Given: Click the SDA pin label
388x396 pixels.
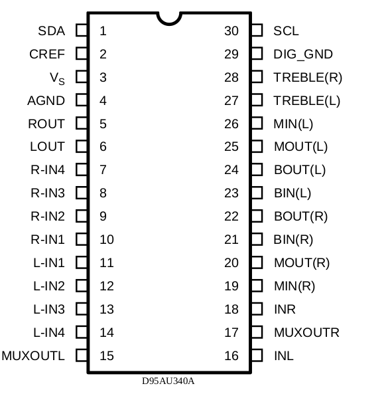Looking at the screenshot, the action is click(x=52, y=31).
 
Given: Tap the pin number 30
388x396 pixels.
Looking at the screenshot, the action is click(x=231, y=31).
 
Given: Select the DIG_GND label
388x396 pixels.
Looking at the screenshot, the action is click(x=303, y=54).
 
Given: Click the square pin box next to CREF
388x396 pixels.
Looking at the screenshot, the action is click(x=82, y=54).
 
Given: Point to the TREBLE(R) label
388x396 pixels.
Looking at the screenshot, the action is click(x=308, y=78).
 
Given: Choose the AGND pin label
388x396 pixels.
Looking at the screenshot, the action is click(x=46, y=100).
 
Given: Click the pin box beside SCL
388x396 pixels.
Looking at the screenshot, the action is click(x=257, y=31).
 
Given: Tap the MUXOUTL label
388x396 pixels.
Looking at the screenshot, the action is click(x=33, y=355).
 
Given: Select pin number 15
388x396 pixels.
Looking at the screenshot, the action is click(x=107, y=355).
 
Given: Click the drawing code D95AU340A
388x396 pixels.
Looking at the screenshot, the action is click(x=168, y=381).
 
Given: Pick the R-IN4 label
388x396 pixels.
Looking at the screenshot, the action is click(x=48, y=169).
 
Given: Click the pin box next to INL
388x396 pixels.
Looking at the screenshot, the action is click(x=257, y=355).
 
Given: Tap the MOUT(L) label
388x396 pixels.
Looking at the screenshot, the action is click(x=300, y=147).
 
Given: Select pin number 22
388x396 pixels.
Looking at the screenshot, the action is click(x=231, y=216).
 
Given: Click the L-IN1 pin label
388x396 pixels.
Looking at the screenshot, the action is click(x=49, y=262).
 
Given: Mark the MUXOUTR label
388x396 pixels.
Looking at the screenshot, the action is click(x=306, y=332).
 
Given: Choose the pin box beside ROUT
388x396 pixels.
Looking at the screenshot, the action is click(x=82, y=123).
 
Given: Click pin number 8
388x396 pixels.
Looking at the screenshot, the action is click(x=103, y=193).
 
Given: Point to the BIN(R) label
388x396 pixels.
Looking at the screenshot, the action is click(x=293, y=240).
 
